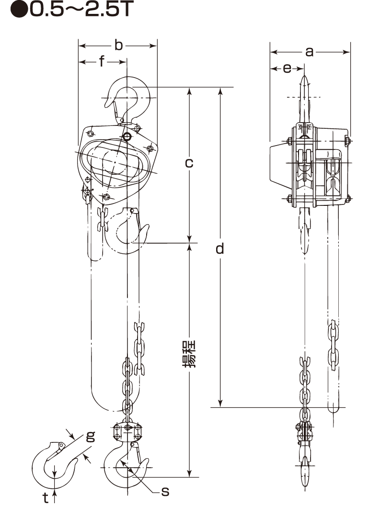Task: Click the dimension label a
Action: point(310,52)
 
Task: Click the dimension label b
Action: point(119,45)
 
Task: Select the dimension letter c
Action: point(189,163)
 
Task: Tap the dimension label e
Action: point(287,68)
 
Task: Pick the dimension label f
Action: point(102,61)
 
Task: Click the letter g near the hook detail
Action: point(91,436)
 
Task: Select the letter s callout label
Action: point(165,492)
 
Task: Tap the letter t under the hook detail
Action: point(46,497)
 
